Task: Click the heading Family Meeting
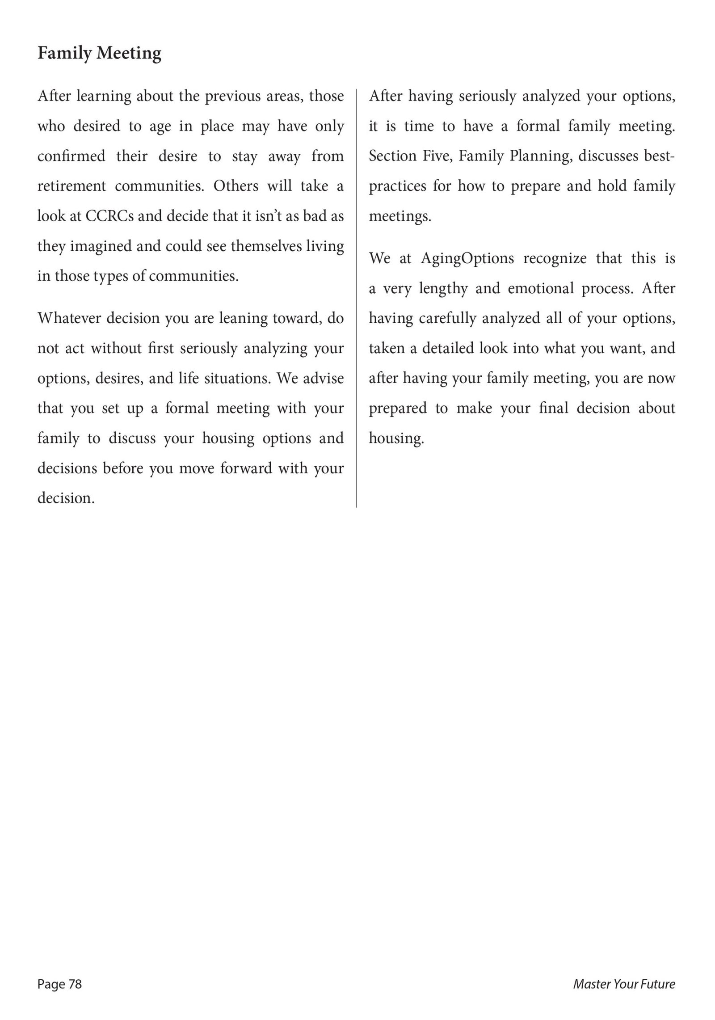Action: pyautogui.click(x=99, y=53)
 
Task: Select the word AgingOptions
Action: pyautogui.click(x=467, y=258)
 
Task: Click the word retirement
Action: pyautogui.click(x=71, y=186)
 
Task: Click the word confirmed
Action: pyautogui.click(x=71, y=156)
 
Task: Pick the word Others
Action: pyautogui.click(x=236, y=186)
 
